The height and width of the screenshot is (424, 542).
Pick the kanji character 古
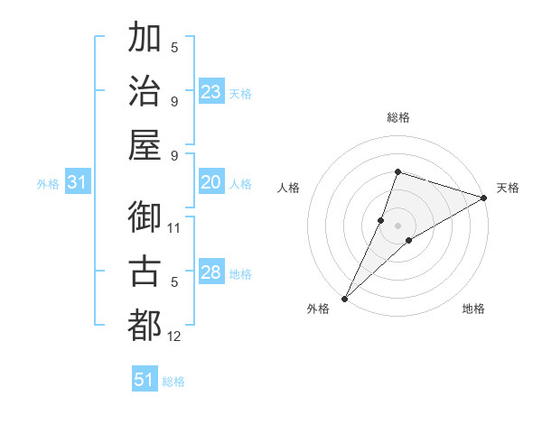click(145, 271)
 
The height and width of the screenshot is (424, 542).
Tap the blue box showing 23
click(211, 91)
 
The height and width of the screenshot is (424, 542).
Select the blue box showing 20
click(211, 182)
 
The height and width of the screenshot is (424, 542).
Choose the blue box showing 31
click(78, 182)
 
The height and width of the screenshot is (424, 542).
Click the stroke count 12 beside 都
click(174, 336)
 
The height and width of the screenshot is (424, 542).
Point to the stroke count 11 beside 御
click(174, 227)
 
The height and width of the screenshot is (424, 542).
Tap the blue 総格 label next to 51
click(173, 382)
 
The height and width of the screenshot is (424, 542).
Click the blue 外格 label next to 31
click(48, 184)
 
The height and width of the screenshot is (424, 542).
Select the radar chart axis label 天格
click(508, 188)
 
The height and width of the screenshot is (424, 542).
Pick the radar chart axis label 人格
click(289, 188)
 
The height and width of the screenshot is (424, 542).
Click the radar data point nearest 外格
click(344, 298)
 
